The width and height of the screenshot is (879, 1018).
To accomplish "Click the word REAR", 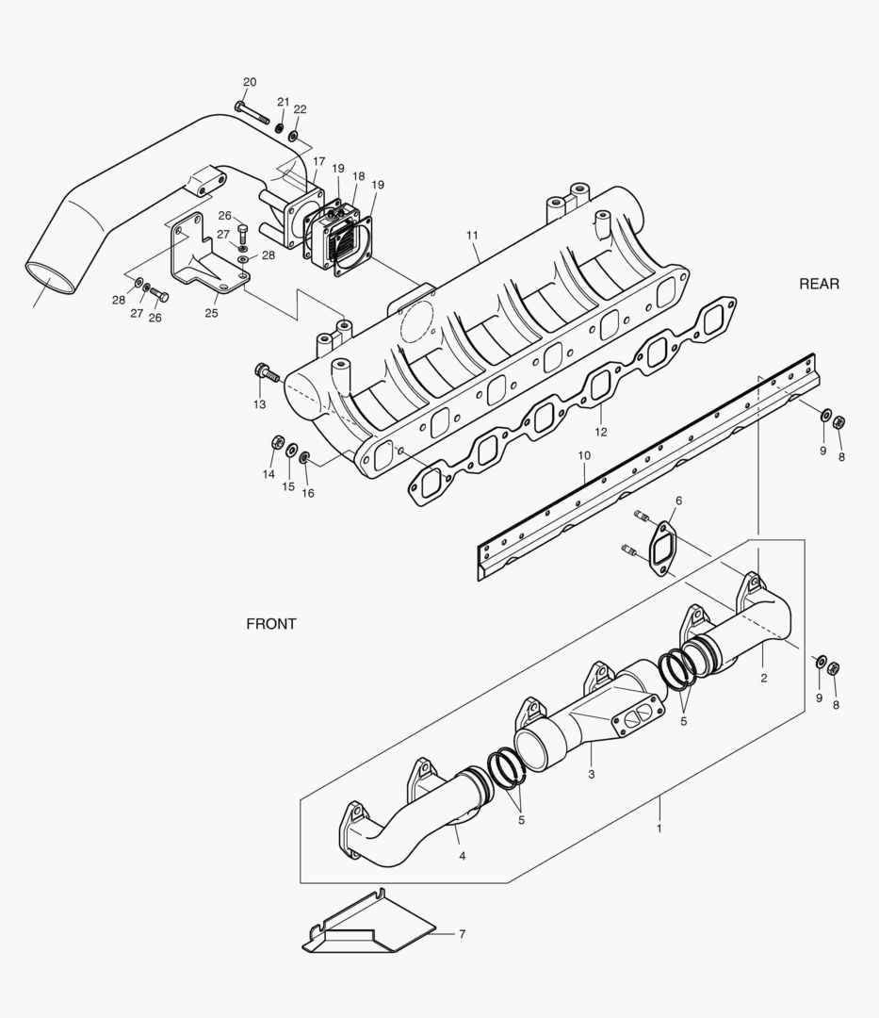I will (818, 284).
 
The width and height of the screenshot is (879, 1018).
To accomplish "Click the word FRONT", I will (271, 624).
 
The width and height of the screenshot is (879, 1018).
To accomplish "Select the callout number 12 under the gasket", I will (600, 432).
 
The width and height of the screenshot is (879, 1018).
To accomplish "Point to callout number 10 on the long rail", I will (584, 455).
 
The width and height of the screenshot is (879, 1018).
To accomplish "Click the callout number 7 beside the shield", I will (462, 934).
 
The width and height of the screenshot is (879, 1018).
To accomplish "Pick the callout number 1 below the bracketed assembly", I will (659, 829).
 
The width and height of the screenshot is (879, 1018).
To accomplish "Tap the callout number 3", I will (591, 774).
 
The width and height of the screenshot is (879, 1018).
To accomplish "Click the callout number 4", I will (462, 856).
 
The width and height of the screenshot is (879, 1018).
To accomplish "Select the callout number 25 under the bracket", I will (211, 313).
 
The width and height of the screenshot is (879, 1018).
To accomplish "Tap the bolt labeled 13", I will (266, 373).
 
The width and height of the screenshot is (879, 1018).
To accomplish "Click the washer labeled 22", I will (294, 137).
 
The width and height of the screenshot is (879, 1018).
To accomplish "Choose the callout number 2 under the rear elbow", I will (764, 678).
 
